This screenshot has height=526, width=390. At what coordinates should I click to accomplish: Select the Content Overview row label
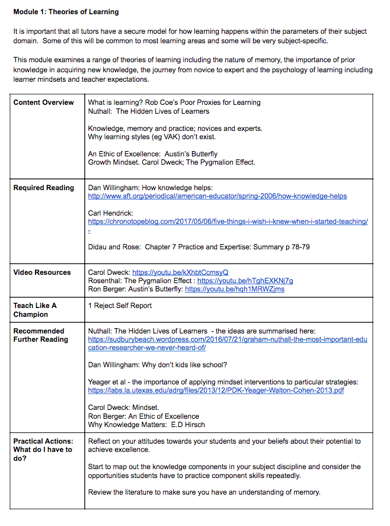tap(43, 102)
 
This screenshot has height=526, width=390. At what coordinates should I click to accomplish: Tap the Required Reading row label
tap(44, 188)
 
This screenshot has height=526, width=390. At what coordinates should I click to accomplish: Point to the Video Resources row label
tap(42, 272)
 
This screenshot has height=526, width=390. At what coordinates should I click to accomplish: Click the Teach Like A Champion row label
tap(35, 310)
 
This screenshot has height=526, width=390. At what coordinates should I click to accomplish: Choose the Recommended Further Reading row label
tap(40, 335)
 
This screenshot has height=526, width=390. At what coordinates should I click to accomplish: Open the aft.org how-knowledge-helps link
tap(217, 196)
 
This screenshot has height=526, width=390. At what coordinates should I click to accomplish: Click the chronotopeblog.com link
tap(228, 222)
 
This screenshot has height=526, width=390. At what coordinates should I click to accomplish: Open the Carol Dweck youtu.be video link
tap(180, 272)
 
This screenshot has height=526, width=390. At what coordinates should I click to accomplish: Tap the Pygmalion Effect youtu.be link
tap(245, 281)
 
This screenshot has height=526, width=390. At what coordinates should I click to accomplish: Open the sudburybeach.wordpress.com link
tap(228, 344)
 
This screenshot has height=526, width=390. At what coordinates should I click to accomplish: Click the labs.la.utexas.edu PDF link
tap(216, 390)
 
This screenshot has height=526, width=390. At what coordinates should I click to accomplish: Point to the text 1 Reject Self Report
tap(120, 306)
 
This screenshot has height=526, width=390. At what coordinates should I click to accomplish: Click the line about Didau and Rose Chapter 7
tap(198, 247)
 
